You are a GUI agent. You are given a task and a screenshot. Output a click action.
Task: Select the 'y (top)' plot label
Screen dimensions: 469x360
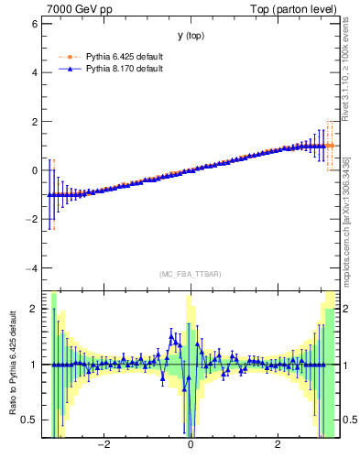click(191, 36)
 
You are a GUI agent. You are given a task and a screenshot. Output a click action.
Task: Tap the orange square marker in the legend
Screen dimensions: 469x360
click(70, 57)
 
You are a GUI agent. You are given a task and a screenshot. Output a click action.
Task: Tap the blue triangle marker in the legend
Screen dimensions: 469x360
click(70, 69)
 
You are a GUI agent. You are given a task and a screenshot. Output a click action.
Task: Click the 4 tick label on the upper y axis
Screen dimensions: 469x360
click(34, 71)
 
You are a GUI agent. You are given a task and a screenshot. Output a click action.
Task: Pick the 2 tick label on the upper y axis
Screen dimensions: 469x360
click(34, 121)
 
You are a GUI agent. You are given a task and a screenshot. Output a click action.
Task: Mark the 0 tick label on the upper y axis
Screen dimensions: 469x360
click(34, 170)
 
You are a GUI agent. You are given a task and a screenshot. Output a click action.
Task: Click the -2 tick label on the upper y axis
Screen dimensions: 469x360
click(31, 220)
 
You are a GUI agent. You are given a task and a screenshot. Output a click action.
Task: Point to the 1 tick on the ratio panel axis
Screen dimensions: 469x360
click(34, 365)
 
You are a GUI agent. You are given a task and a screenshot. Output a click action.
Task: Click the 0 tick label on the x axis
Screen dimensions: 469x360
click(191, 445)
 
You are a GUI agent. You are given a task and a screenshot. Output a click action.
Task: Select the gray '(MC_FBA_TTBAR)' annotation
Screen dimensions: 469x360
click(191, 274)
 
